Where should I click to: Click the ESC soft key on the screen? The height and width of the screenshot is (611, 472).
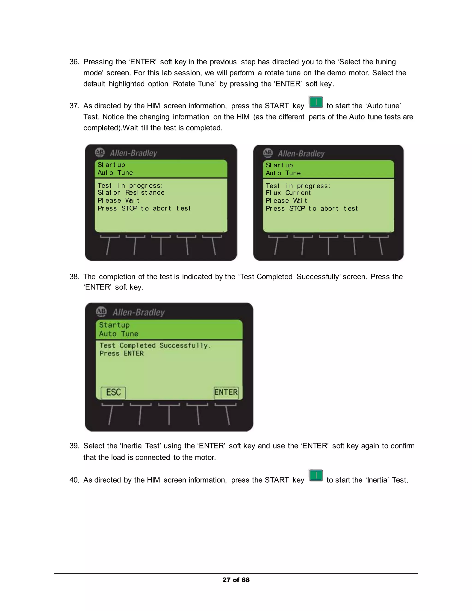pos(113,392)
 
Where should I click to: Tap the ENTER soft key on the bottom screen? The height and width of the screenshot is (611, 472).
pos(226,392)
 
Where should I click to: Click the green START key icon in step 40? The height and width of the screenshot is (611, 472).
pos(316,476)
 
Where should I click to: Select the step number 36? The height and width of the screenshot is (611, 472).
pos(74,62)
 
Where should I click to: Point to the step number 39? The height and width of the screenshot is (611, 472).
pos(74,446)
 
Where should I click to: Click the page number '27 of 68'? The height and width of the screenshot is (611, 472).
pos(236,580)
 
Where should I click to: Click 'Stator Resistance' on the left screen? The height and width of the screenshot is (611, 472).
pos(131,193)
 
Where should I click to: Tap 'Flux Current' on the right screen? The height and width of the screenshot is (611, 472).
pos(288,193)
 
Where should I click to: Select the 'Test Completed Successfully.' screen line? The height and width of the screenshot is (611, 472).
pos(155,346)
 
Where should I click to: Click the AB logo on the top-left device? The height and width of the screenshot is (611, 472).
pos(100,153)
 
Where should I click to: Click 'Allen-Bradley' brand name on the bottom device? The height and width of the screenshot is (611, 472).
pos(139,312)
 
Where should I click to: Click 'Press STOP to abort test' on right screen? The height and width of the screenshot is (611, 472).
pos(312,209)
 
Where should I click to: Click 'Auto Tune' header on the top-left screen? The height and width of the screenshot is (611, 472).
pos(115,173)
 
